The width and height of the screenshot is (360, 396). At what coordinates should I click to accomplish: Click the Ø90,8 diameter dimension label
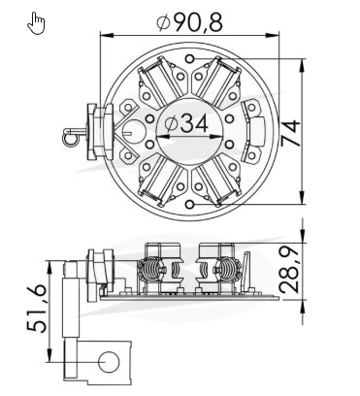190,22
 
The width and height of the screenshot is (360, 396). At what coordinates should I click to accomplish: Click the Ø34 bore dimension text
186,123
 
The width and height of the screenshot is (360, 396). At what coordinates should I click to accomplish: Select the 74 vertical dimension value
290,133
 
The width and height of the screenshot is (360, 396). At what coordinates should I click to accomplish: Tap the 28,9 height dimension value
289,270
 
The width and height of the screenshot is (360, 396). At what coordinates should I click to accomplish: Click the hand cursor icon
36,23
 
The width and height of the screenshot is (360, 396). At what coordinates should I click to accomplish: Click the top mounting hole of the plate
190,59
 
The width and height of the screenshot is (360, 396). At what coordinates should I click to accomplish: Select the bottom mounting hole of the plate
190,204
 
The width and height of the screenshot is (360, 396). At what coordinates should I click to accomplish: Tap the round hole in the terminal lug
109,362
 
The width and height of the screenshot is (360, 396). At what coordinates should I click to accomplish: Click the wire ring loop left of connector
71,138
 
